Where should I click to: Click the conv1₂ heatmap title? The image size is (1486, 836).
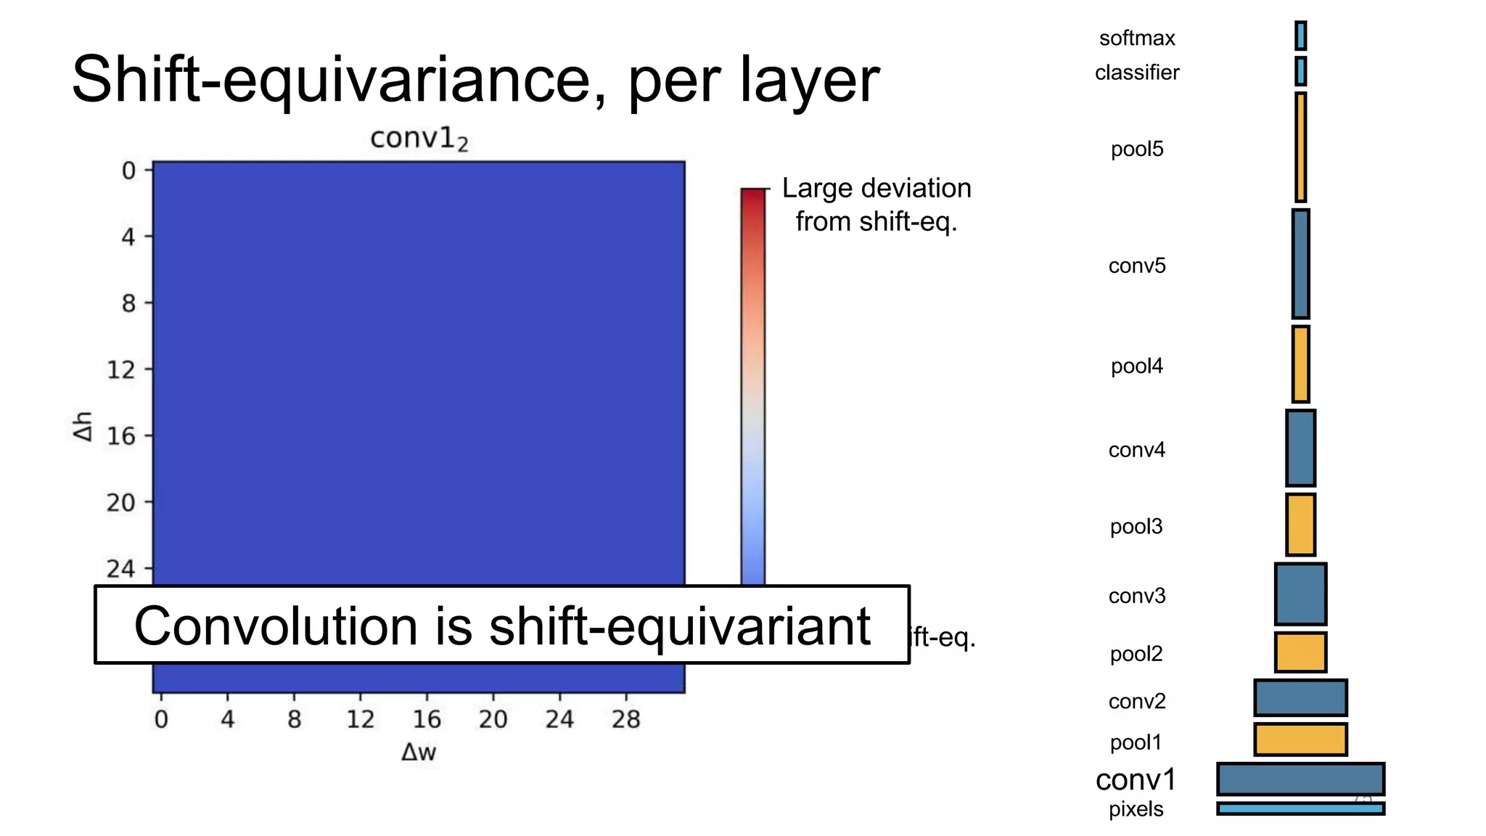[419, 138]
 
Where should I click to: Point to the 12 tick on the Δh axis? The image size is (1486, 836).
[121, 370]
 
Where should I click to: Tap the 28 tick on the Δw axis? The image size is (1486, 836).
[625, 719]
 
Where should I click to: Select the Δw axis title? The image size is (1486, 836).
[419, 753]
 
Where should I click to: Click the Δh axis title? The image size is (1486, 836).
[83, 426]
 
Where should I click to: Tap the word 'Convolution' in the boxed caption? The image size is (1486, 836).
[276, 626]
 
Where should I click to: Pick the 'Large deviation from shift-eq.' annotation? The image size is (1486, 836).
[876, 205]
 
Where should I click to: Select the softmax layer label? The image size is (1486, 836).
[1136, 38]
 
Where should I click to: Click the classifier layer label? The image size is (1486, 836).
[1136, 73]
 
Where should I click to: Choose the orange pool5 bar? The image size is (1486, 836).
[1300, 147]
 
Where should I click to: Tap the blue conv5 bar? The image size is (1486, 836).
[1300, 264]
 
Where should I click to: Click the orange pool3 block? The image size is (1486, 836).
[1300, 525]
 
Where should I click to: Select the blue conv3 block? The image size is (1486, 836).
[1300, 594]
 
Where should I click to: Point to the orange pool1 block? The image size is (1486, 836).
[1300, 739]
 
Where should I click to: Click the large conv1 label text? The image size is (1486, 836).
[1136, 780]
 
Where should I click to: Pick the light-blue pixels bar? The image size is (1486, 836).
[1300, 808]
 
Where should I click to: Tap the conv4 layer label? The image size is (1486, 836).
[1136, 450]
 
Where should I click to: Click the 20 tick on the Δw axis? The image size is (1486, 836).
[493, 719]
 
